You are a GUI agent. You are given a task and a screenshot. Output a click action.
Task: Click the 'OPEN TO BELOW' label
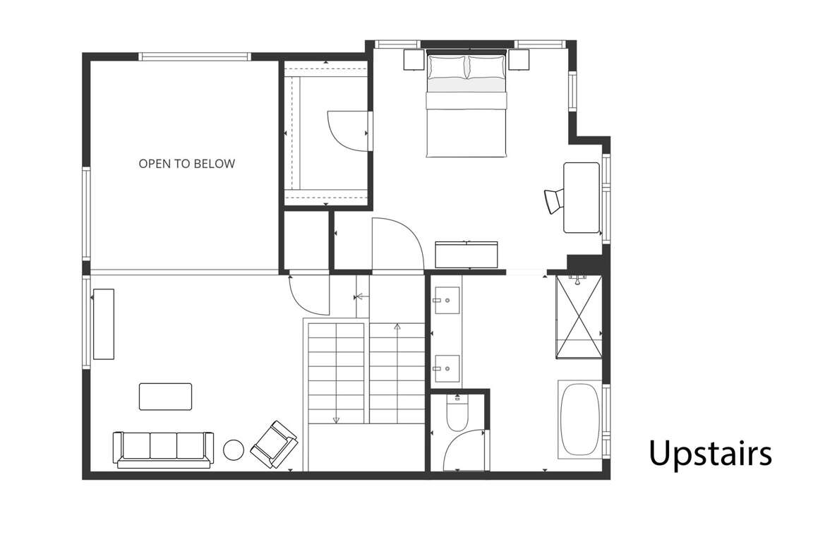click(186, 164)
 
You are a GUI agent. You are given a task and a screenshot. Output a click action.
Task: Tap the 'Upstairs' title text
click(710, 453)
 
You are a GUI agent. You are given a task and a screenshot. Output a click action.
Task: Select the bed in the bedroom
click(466, 104)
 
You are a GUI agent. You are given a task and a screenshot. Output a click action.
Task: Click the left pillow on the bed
click(447, 67)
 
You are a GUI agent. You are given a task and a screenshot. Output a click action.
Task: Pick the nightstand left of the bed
click(415, 60)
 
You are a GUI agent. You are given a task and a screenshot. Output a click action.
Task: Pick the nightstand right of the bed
click(519, 60)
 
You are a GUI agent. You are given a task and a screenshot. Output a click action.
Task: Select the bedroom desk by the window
click(582, 198)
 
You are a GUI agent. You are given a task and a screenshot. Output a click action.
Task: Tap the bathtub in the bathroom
click(580, 420)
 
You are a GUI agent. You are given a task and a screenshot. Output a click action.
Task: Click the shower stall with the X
click(579, 317)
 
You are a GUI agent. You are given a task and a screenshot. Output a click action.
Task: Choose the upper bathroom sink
click(447, 301)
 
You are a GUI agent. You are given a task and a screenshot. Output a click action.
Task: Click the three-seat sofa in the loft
click(163, 449)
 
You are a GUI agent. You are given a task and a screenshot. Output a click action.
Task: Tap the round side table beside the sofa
click(234, 450)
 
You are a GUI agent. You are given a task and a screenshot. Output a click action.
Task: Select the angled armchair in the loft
click(274, 444)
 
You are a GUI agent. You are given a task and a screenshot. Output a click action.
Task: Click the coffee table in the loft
click(165, 397)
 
